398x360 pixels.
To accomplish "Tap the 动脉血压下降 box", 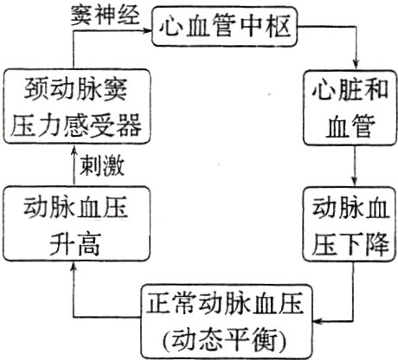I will click(349, 223).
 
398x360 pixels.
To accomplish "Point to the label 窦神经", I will click(106, 15).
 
